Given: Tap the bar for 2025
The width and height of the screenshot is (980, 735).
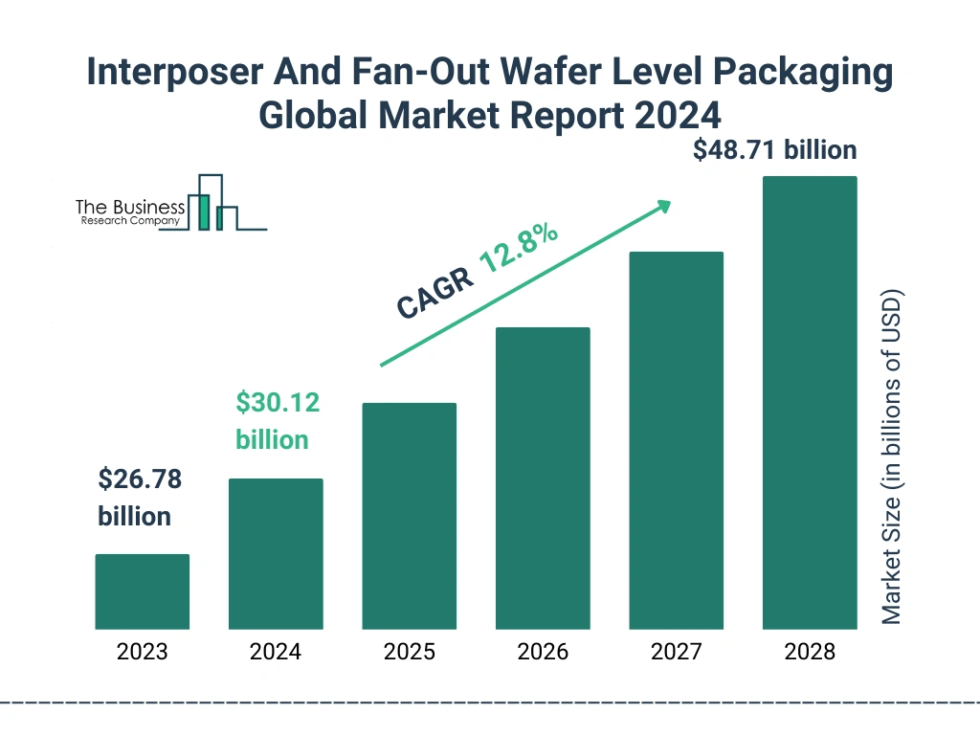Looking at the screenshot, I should (409, 516).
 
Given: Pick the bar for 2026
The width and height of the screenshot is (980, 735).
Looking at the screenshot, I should (543, 479).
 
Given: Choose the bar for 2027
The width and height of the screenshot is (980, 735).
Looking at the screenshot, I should (676, 440).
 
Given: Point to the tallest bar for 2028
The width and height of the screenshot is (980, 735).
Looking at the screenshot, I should (810, 402).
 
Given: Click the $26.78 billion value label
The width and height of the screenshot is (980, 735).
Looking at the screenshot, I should (140, 498).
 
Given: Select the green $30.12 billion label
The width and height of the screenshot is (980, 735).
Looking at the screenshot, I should (278, 420).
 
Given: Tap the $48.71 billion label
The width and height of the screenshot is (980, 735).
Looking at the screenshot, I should (775, 149).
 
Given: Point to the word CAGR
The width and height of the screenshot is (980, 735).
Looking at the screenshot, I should (433, 293).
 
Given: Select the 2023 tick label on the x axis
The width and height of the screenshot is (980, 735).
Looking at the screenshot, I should (142, 653).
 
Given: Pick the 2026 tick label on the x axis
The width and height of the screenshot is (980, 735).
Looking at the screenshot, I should (543, 653).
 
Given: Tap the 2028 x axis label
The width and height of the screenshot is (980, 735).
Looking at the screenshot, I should (810, 653).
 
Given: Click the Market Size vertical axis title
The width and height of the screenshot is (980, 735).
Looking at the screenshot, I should (892, 456).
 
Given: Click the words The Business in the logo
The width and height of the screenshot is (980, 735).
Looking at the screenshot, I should (130, 208).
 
